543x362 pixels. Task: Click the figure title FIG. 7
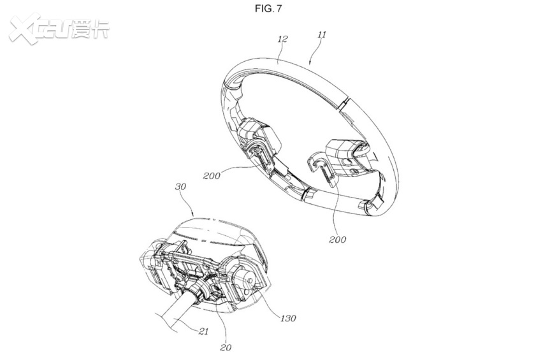click(268, 8)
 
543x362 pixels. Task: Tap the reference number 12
click(282, 39)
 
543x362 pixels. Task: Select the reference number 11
click(322, 34)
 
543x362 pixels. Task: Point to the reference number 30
click(180, 187)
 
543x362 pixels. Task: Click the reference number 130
click(288, 319)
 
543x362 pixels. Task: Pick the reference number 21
click(203, 331)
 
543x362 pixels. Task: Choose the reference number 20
click(226, 347)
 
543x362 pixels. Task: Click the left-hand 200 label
click(212, 176)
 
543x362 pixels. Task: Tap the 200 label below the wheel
click(337, 240)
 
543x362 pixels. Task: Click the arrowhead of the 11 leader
click(310, 62)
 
